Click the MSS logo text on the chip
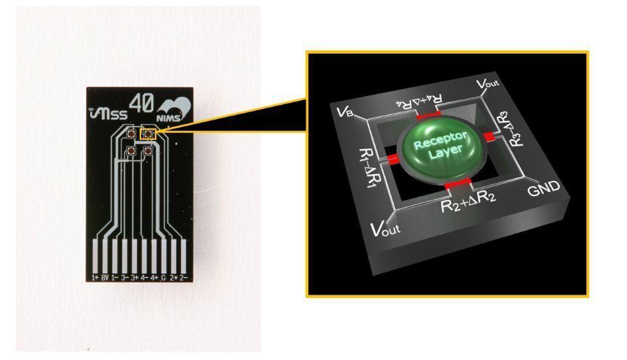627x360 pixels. (x=107, y=113)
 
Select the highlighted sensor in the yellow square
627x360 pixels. (x=149, y=134)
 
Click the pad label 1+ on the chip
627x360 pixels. (x=95, y=278)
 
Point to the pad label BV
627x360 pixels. (x=104, y=278)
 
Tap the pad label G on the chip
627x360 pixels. (x=163, y=278)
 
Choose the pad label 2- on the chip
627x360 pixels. (x=183, y=278)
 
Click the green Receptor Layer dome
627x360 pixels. (x=445, y=147)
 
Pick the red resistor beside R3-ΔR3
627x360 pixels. (x=489, y=135)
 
